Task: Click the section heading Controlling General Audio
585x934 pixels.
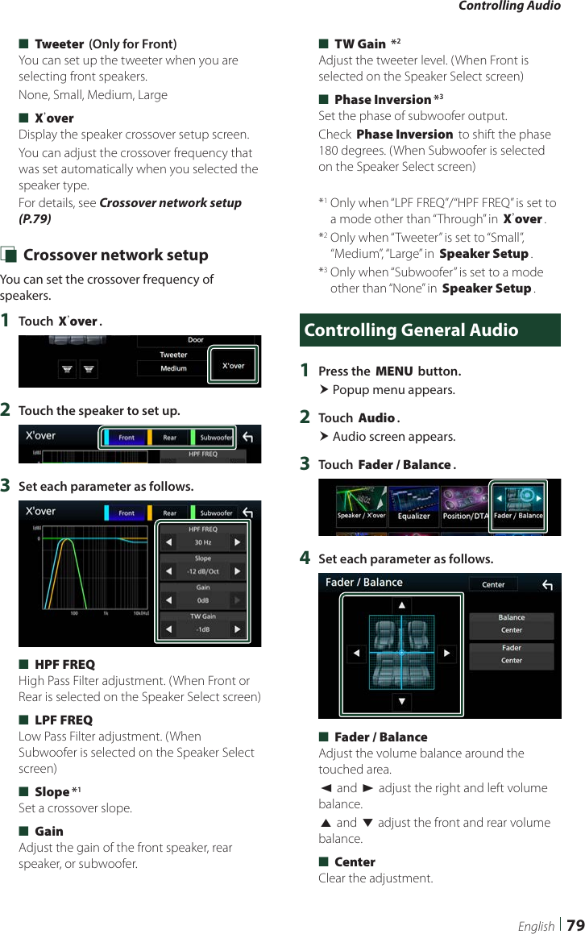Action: point(412,330)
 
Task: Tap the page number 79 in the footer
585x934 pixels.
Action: point(575,925)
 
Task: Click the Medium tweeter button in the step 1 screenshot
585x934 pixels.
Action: point(173,369)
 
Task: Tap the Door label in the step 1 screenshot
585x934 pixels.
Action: point(196,340)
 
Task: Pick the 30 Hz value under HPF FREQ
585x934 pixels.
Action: point(203,543)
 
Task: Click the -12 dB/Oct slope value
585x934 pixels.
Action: point(203,572)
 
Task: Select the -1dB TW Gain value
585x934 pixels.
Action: point(203,629)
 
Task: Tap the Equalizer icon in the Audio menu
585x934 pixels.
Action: point(414,507)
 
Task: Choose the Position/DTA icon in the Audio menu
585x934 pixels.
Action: point(465,507)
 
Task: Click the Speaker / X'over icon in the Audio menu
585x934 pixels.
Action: point(361,507)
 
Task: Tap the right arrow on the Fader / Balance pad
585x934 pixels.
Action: point(447,654)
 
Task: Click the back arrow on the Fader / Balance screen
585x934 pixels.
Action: point(547,585)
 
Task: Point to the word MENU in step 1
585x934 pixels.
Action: point(394,372)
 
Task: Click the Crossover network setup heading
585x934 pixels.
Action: point(116,255)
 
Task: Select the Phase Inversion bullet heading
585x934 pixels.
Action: point(383,100)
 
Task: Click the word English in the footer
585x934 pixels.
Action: point(536,926)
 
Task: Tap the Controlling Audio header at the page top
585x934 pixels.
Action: point(509,6)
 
